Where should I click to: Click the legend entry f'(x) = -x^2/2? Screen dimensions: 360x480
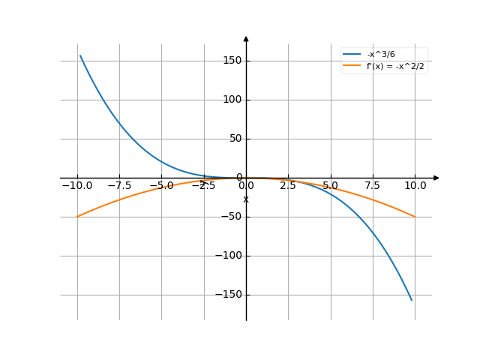(395, 67)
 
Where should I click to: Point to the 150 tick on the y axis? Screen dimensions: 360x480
(232, 61)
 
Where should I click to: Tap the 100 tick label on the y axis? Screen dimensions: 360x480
(232, 100)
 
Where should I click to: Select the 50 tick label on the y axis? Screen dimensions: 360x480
(235, 139)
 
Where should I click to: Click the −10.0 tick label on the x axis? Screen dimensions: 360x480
(77, 185)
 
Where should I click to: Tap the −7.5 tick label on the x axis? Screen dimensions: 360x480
(119, 185)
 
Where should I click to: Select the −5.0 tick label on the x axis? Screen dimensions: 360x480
(161, 185)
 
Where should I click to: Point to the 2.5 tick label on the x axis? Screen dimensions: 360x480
(288, 185)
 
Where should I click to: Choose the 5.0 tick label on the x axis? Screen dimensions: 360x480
(330, 185)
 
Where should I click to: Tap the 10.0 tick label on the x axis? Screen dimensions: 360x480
(415, 185)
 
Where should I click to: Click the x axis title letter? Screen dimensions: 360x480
(246, 199)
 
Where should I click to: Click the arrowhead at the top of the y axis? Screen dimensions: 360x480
(246, 37)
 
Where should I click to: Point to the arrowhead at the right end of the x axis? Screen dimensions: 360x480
(436, 178)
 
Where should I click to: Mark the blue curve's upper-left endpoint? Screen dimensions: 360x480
(79, 55)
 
